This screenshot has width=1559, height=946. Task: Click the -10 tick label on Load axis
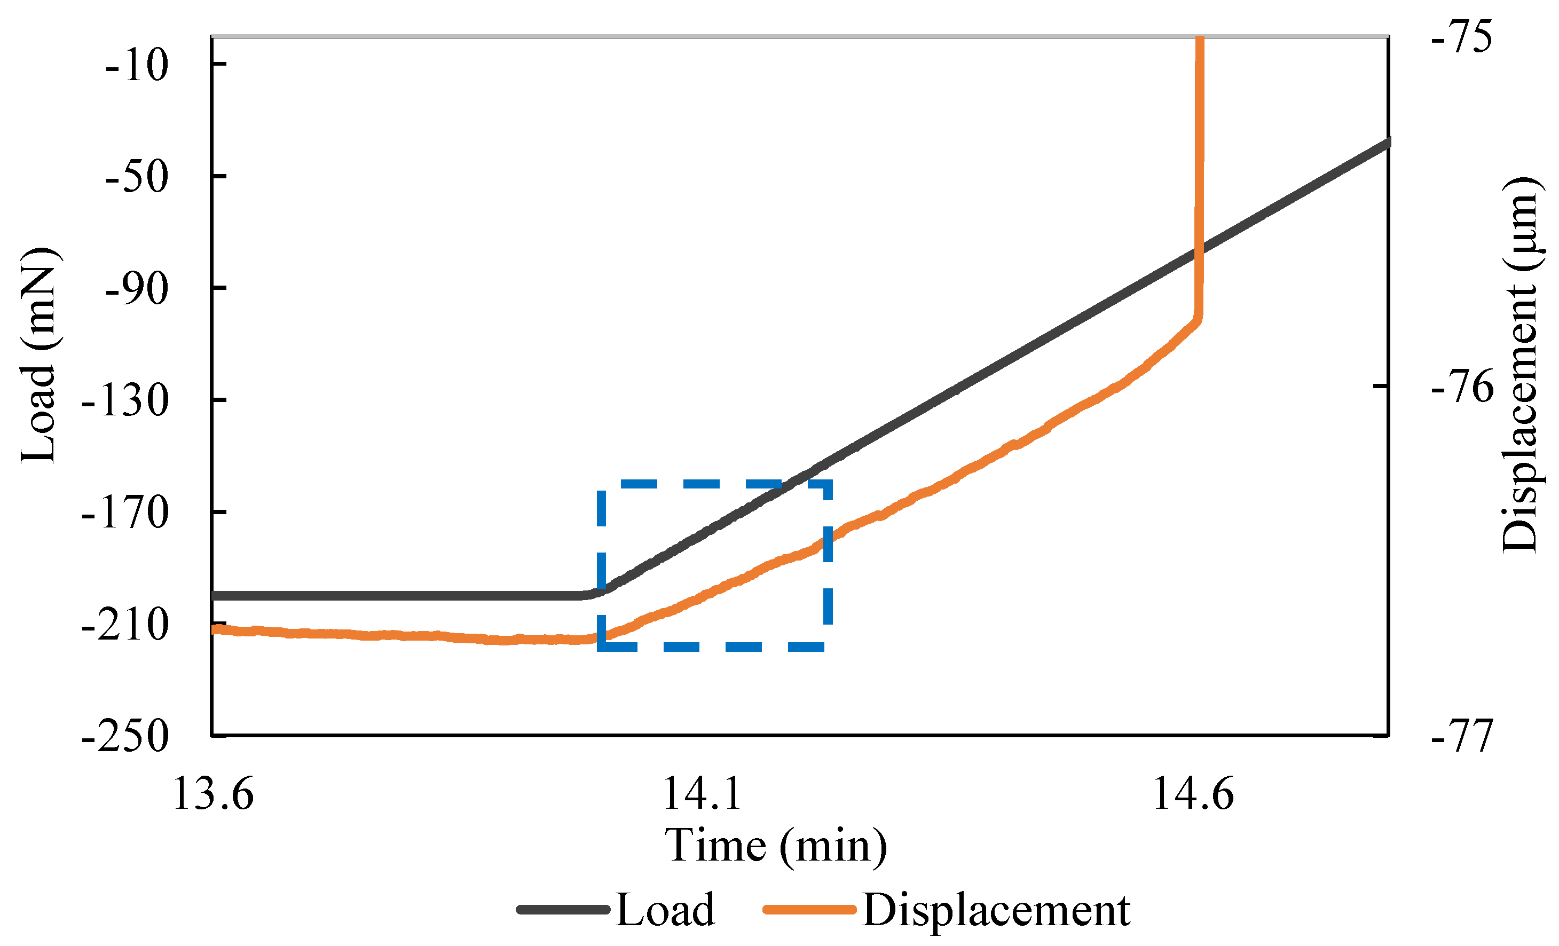click(x=137, y=65)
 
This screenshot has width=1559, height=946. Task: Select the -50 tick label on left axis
click(x=137, y=177)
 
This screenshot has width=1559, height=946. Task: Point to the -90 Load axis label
click(x=137, y=289)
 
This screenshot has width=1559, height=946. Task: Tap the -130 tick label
click(x=125, y=401)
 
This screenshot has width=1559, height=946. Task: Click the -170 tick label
click(x=125, y=513)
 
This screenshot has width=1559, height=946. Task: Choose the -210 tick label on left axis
click(x=125, y=625)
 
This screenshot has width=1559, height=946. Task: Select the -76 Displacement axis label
click(x=1462, y=387)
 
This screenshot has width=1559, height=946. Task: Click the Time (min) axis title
click(x=776, y=847)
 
